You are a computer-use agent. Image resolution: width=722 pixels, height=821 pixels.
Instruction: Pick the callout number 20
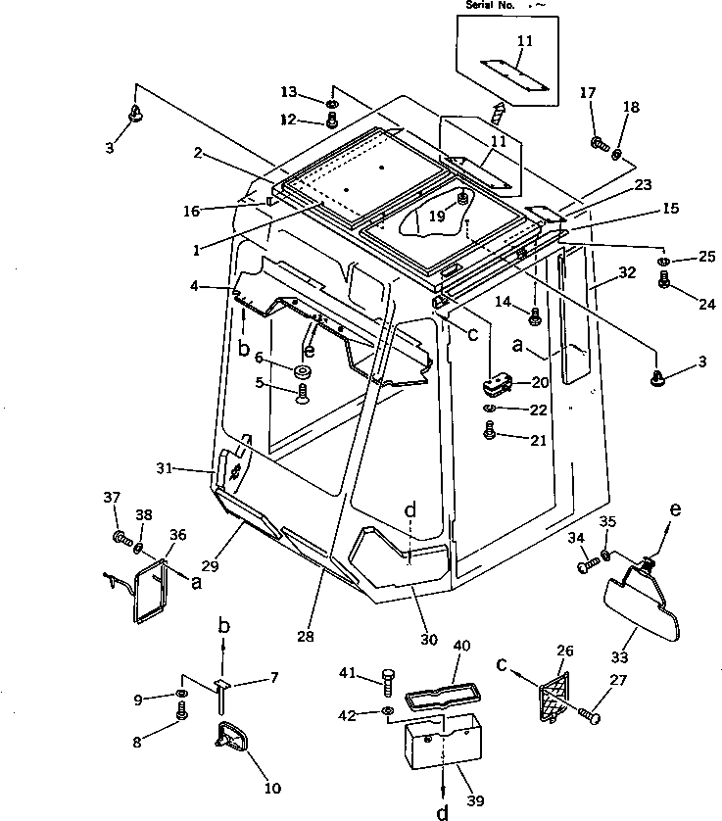click(x=540, y=382)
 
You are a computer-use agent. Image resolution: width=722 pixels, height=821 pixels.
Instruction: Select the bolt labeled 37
click(x=122, y=537)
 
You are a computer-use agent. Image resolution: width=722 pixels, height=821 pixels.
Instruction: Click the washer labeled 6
click(x=303, y=372)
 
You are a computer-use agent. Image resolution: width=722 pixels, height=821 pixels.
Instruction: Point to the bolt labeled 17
click(x=597, y=144)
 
